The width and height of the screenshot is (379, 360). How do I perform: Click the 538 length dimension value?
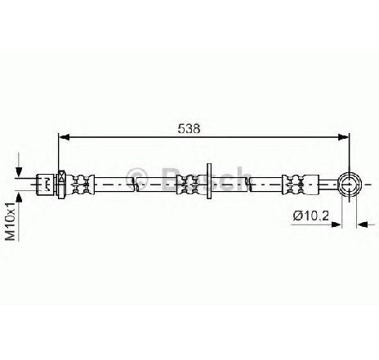189,128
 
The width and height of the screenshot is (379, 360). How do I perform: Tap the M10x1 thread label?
11,221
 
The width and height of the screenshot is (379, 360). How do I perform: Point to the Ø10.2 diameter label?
311,216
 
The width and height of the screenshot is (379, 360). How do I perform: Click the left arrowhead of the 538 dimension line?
65,137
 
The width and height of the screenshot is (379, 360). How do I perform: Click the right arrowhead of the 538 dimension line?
343,137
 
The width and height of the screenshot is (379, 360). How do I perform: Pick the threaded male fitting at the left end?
46,184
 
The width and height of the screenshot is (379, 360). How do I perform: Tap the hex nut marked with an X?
62,184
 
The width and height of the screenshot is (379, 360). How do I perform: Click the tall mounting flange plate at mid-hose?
209,181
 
